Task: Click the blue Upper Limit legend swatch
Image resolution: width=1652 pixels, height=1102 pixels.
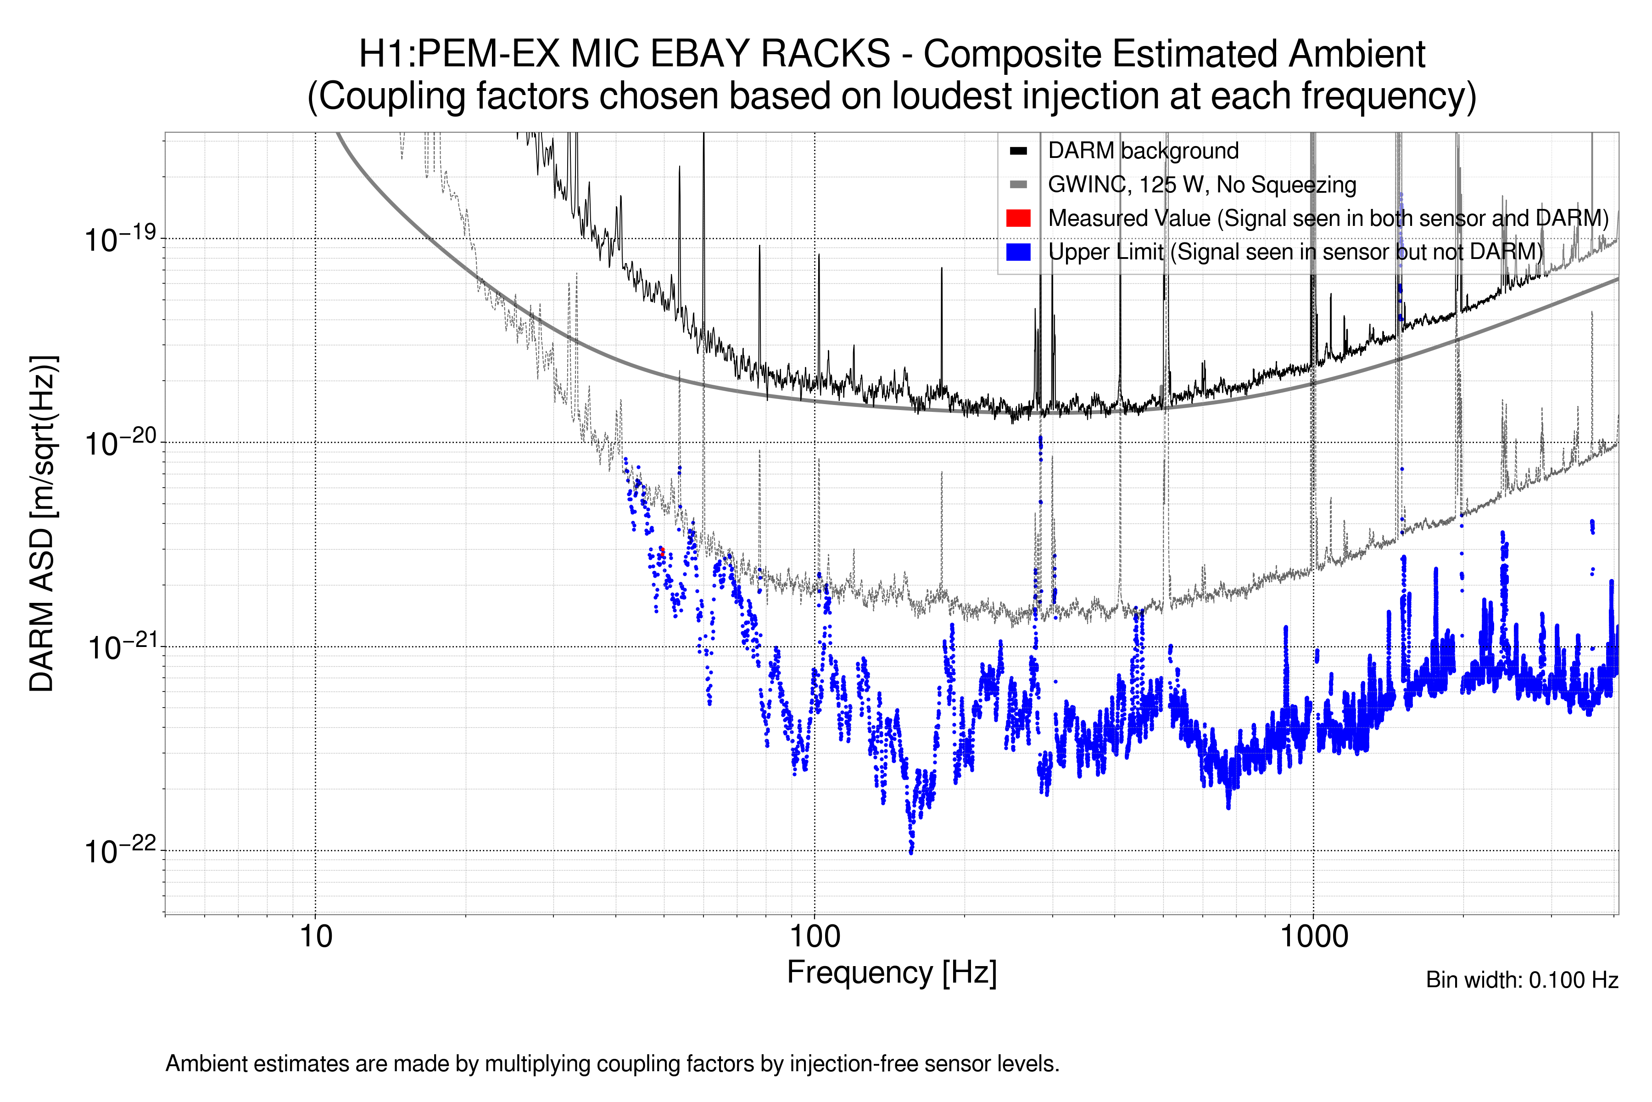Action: [x=1018, y=252]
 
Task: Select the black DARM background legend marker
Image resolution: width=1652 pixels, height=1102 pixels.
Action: [x=1018, y=151]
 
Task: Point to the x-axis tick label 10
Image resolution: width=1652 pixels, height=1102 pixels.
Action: [x=315, y=937]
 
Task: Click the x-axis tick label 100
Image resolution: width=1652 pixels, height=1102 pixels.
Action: [x=815, y=937]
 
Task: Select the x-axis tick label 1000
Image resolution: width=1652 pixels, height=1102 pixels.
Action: [x=1313, y=937]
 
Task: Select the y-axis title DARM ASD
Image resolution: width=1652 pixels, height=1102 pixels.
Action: [x=42, y=523]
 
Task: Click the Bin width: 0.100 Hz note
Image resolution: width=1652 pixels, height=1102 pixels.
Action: [x=1521, y=980]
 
